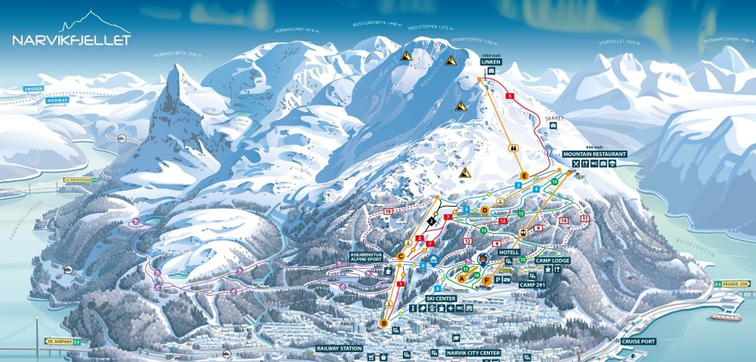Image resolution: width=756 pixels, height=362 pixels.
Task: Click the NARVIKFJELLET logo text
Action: coord(71,40)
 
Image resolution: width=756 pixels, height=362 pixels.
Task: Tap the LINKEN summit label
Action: coord(491,61)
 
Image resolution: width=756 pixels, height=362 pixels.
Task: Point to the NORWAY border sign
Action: coord(57,100)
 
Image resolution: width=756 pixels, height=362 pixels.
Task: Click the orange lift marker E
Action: coord(525,176)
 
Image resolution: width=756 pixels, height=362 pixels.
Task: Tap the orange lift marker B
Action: coord(383,323)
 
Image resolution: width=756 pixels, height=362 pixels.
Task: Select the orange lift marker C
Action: coord(401,256)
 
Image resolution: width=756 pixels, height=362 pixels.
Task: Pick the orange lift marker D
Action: coord(484,210)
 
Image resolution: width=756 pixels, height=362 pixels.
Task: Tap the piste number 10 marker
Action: coord(387,211)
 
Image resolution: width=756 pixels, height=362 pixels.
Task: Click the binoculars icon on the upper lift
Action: coord(513,147)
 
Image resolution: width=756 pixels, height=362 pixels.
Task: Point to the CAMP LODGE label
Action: coord(552,259)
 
